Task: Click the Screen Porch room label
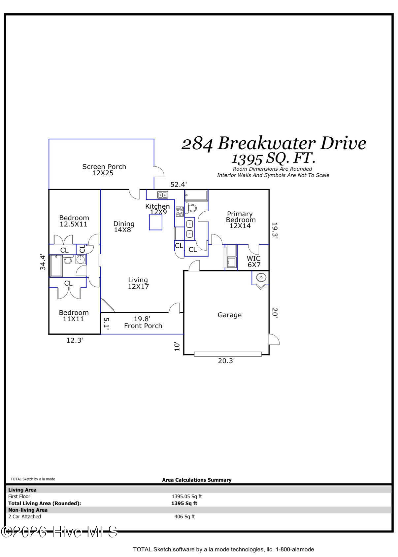pos(104,170)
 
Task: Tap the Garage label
pos(229,315)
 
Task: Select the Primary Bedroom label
pos(240,220)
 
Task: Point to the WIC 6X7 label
pos(254,261)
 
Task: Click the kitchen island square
pos(156,222)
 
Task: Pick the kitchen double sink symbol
pos(162,195)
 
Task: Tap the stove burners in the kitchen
pos(180,211)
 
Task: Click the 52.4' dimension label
pos(179,185)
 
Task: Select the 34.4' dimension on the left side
pos(43,262)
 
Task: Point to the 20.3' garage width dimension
pos(226,361)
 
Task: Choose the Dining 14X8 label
pos(124,226)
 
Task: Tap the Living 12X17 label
pos(138,283)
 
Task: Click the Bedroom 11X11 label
pos(74,316)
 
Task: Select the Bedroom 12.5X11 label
pos(74,221)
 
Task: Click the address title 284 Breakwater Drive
pos(274,144)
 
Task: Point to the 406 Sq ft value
pos(184,517)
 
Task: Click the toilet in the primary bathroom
pos(191,208)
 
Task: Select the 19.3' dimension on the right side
pos(275,230)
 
